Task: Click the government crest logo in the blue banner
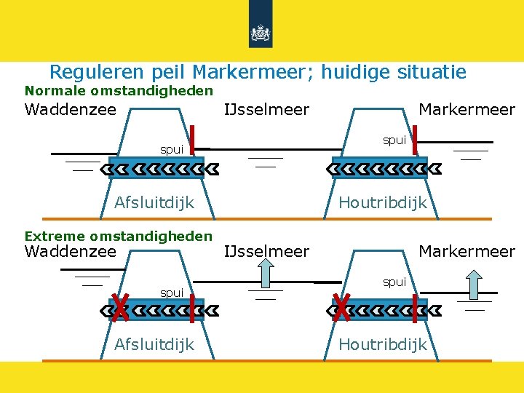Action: click(x=261, y=32)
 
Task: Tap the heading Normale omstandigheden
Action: click(x=119, y=91)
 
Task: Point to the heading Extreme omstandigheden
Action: click(x=119, y=236)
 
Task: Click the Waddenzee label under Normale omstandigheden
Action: click(x=71, y=110)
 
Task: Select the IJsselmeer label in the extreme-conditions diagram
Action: click(x=267, y=252)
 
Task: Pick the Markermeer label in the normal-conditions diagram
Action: click(x=467, y=110)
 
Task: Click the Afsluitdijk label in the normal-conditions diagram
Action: click(x=154, y=202)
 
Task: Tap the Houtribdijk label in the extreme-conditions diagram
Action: click(x=383, y=344)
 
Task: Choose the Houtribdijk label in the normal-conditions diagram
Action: click(x=383, y=202)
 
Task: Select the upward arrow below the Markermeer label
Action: click(x=475, y=285)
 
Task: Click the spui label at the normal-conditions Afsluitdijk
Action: click(x=172, y=150)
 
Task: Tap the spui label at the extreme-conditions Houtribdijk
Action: click(x=394, y=282)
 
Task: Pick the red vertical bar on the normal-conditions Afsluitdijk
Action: click(x=191, y=140)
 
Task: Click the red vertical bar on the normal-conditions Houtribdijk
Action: click(x=414, y=140)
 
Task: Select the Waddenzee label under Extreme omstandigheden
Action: click(x=71, y=252)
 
